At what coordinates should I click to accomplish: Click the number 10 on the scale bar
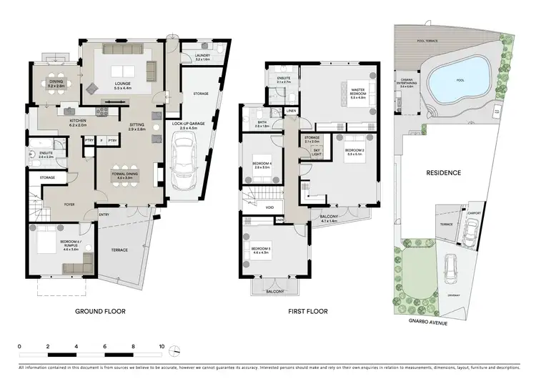coord(162,346)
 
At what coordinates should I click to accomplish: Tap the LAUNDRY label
coord(191,59)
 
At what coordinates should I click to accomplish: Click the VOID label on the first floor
coord(269,208)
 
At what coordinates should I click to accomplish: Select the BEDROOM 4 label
coord(260,166)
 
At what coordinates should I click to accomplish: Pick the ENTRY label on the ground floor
coord(104,214)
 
